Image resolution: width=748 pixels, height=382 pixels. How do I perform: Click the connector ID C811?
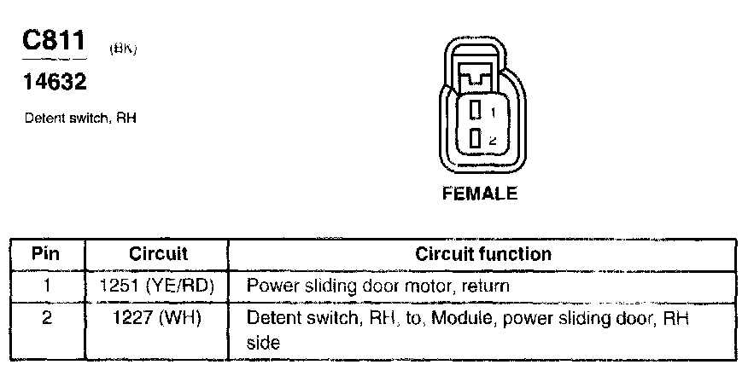[x=55, y=43]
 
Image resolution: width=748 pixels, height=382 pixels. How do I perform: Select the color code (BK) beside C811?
[x=124, y=50]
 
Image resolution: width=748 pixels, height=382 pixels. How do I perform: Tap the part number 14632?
[x=53, y=83]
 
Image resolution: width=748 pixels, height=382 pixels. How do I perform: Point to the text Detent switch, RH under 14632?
[x=81, y=119]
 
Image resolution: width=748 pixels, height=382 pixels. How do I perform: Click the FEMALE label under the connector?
[x=479, y=194]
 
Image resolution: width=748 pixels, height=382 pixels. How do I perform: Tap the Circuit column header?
[x=158, y=254]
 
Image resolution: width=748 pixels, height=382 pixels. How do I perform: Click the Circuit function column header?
[x=482, y=254]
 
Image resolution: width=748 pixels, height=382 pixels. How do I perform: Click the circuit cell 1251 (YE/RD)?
[x=158, y=286]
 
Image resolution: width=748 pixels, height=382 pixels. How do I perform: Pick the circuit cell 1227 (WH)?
[x=158, y=319]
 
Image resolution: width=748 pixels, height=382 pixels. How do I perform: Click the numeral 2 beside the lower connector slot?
[x=493, y=139]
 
